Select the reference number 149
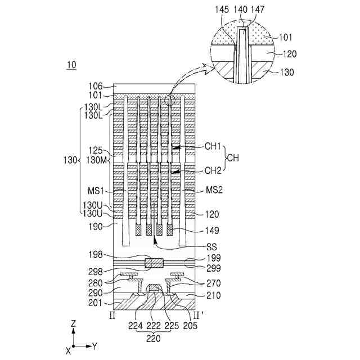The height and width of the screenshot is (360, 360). click(213, 231)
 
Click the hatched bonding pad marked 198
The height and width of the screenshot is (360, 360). click(154, 263)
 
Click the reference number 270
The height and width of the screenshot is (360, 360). click(213, 283)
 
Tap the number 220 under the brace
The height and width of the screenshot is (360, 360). click(154, 339)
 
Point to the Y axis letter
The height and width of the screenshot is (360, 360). click(95, 346)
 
